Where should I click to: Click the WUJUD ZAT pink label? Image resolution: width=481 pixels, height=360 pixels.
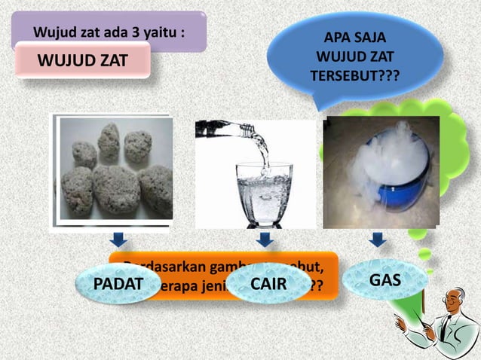click(x=83, y=61)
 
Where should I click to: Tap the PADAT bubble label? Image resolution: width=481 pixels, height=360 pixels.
click(x=118, y=285)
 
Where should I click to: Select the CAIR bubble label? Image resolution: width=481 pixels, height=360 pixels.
click(x=268, y=285)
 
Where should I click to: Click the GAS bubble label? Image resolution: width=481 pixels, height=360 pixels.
click(x=384, y=280)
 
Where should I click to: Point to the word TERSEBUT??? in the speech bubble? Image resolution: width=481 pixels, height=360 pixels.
click(x=354, y=76)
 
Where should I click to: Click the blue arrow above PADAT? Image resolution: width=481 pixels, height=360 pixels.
click(x=118, y=240)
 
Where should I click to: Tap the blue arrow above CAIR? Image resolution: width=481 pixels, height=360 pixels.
click(x=264, y=240)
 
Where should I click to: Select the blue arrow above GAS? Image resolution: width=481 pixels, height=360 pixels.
click(x=378, y=240)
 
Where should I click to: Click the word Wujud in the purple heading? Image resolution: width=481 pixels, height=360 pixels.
click(x=51, y=32)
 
